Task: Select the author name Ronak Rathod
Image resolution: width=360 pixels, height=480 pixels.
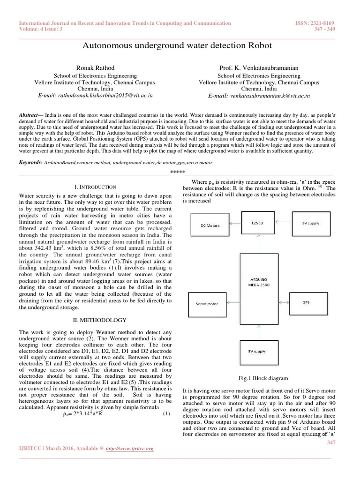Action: pyautogui.click(x=95, y=68)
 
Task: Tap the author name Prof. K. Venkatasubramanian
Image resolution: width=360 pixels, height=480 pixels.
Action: pyautogui.click(x=259, y=68)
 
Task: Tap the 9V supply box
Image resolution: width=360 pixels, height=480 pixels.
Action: pyautogui.click(x=311, y=224)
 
